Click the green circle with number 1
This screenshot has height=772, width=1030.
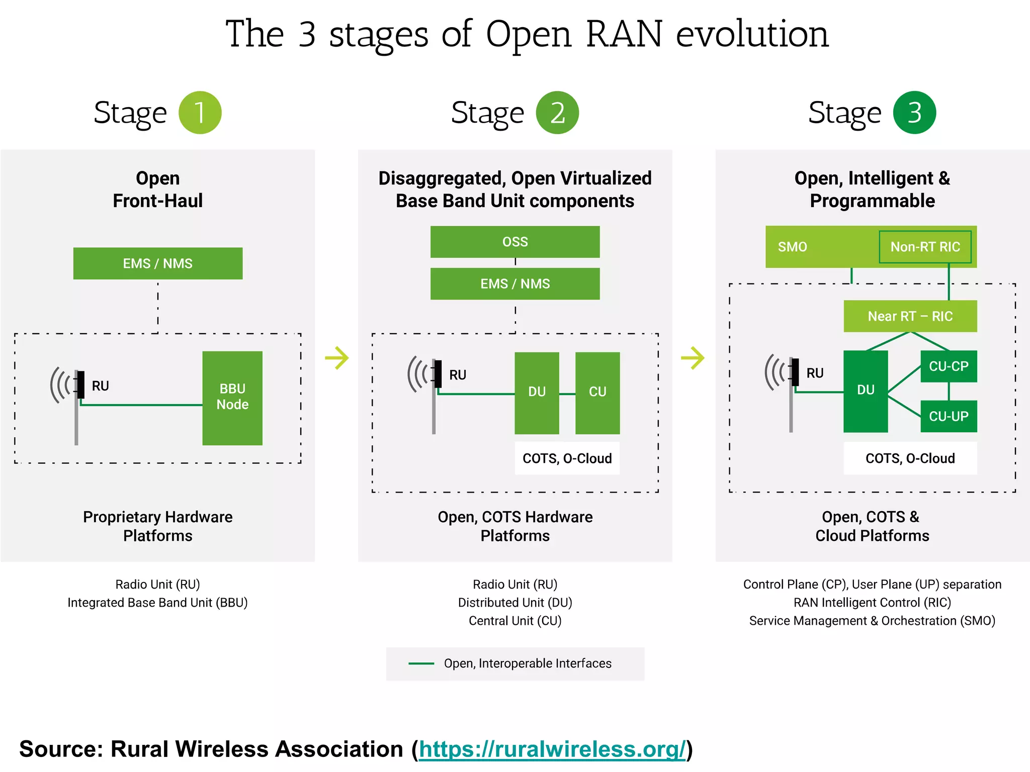click(x=200, y=113)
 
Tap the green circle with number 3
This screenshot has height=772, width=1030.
click(x=914, y=113)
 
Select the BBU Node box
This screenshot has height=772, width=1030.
click(x=232, y=398)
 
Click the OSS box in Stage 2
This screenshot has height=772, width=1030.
click(x=515, y=242)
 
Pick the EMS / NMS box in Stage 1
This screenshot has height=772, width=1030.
click(x=158, y=263)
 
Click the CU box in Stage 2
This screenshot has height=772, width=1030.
click(x=597, y=393)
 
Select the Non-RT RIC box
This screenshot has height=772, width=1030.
click(x=925, y=247)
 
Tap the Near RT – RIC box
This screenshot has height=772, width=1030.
click(x=910, y=316)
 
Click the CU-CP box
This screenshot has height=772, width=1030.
click(x=949, y=366)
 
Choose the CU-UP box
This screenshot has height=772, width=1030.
click(x=949, y=416)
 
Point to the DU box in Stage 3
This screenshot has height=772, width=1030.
click(x=866, y=391)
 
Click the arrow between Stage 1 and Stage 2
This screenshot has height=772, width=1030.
click(x=337, y=358)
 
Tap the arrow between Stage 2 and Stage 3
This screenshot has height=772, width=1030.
click(x=693, y=358)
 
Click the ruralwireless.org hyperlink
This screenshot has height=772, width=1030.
click(x=552, y=749)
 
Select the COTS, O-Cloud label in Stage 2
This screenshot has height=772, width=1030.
click(x=567, y=458)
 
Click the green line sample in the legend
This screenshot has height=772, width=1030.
click(x=421, y=663)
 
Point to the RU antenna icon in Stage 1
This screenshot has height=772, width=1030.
click(x=70, y=397)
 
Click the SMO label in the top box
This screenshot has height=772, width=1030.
click(x=792, y=247)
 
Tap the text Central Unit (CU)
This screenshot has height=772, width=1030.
click(x=515, y=621)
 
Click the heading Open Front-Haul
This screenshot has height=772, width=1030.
click(x=158, y=189)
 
